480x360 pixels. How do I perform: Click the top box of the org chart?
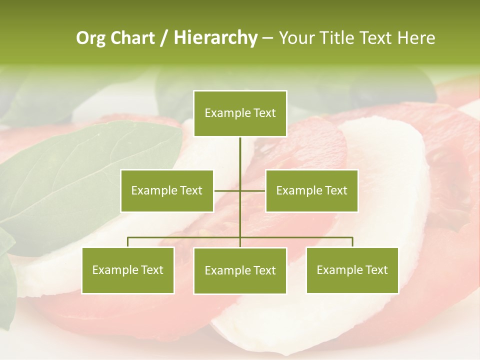click(240, 113)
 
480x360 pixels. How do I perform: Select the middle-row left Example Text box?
click(167, 190)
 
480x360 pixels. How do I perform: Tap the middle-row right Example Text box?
click(311, 190)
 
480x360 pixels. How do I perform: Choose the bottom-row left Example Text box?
click(128, 270)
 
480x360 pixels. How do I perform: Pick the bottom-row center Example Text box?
click(240, 270)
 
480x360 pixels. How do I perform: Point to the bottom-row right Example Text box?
click(352, 270)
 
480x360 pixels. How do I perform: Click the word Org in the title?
click(90, 38)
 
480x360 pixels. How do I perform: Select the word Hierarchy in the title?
click(215, 38)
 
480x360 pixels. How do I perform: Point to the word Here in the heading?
click(416, 38)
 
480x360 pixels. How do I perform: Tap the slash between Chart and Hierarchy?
click(164, 38)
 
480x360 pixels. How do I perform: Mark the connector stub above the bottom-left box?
click(128, 242)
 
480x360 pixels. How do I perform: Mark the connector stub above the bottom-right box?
click(352, 242)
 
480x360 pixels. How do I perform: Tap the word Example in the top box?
click(226, 113)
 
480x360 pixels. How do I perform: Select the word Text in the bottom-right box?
click(377, 270)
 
